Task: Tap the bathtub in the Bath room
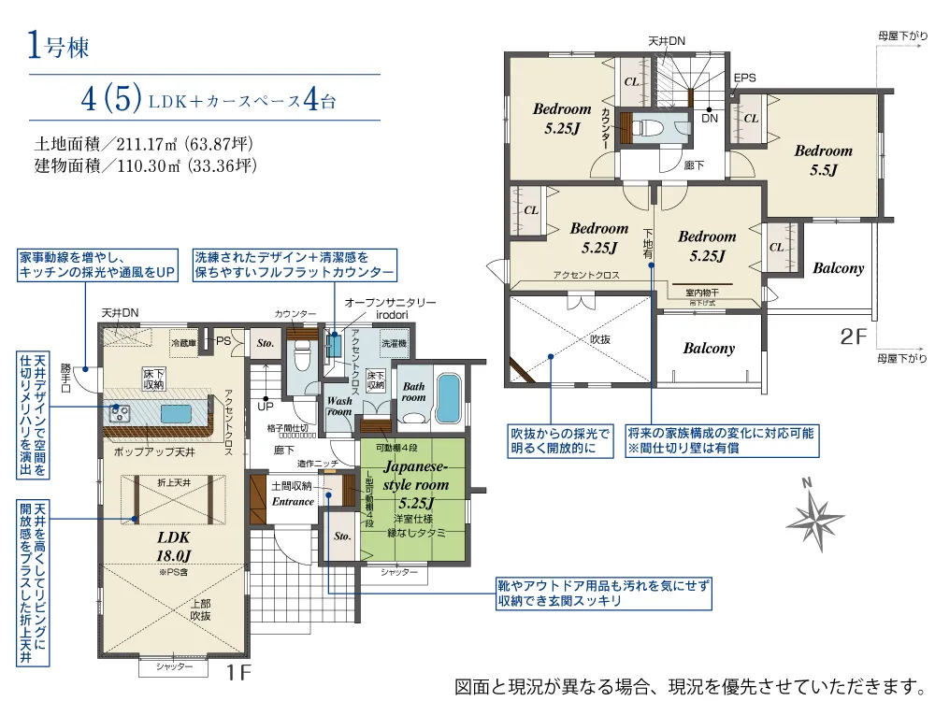449,398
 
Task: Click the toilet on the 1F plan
301,356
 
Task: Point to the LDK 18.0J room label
173,545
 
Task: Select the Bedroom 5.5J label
823,160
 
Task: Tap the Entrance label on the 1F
293,502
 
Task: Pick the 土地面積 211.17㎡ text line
144,145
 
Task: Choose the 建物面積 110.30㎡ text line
144,166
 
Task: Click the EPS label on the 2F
744,78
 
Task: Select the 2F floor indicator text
853,337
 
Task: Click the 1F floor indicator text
239,671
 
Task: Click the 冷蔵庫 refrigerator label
184,343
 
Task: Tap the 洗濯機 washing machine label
393,343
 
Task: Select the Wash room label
338,406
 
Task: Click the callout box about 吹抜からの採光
560,441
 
